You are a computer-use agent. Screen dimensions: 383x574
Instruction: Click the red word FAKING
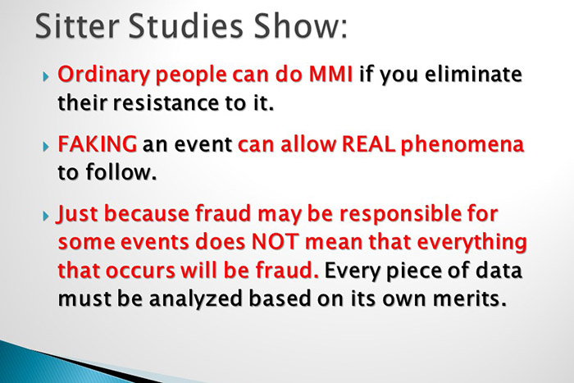[97, 147]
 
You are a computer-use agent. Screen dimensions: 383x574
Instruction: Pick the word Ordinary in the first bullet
[99, 76]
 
